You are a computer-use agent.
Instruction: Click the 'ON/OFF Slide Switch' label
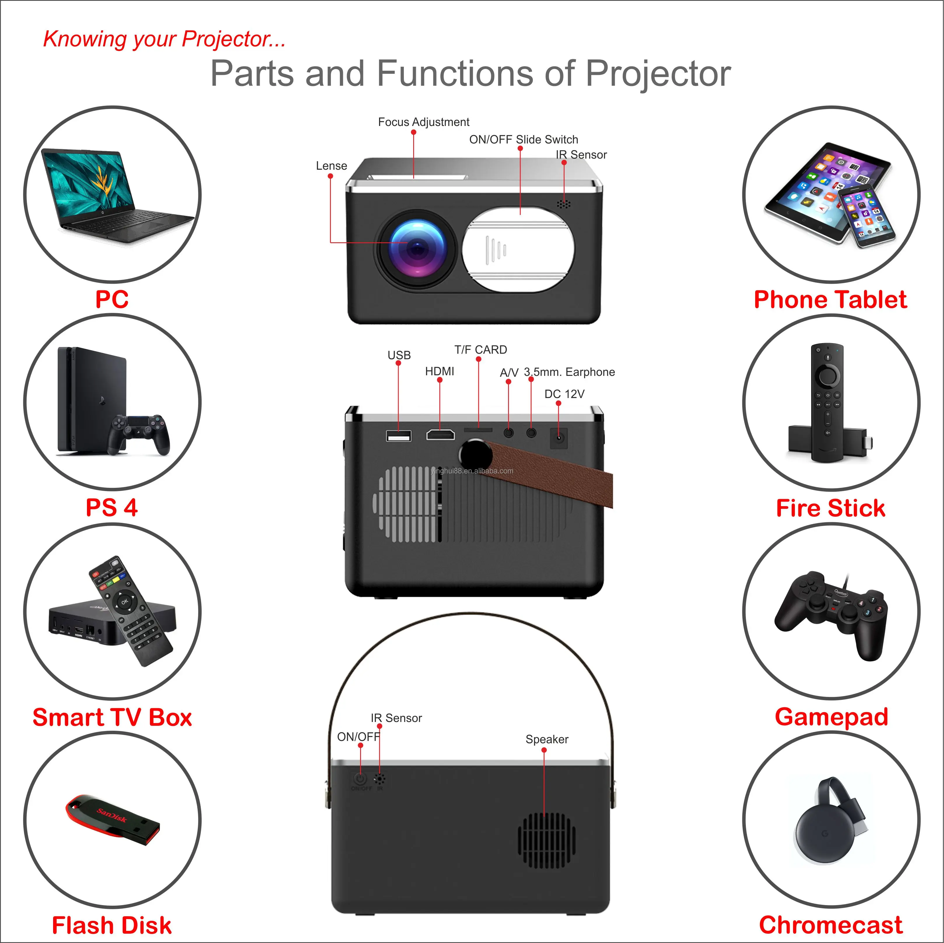coord(523,140)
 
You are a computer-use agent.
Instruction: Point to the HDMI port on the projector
coord(440,434)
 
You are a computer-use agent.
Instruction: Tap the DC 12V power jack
coord(559,438)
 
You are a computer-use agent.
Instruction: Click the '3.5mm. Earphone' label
coord(569,372)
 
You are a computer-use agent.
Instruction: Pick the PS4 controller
coord(139,432)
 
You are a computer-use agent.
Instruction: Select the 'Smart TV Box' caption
coord(112,717)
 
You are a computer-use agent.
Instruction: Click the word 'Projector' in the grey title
coord(658,74)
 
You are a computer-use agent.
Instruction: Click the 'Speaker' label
coord(547,739)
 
